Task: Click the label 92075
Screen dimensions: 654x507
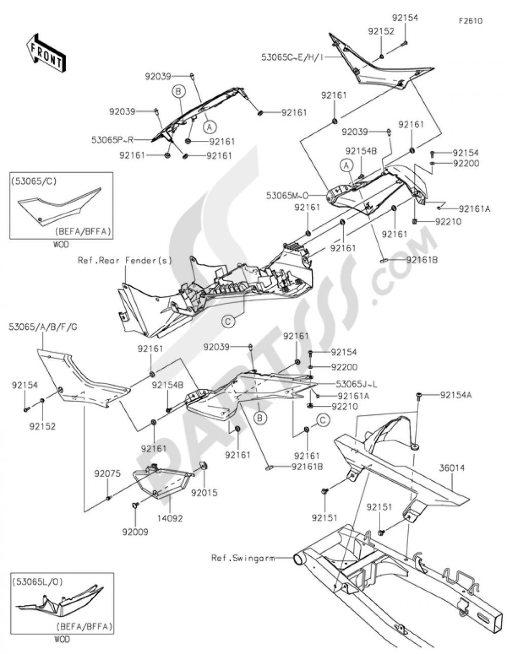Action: coord(107,474)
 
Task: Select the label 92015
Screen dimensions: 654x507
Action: coord(205,492)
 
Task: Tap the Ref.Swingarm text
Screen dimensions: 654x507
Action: coord(243,558)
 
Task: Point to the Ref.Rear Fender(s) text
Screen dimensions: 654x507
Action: coord(125,260)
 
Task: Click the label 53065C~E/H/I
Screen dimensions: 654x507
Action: coord(293,58)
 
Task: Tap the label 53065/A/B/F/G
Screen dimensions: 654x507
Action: coord(43,327)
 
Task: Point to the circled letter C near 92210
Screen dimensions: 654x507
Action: coord(321,419)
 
